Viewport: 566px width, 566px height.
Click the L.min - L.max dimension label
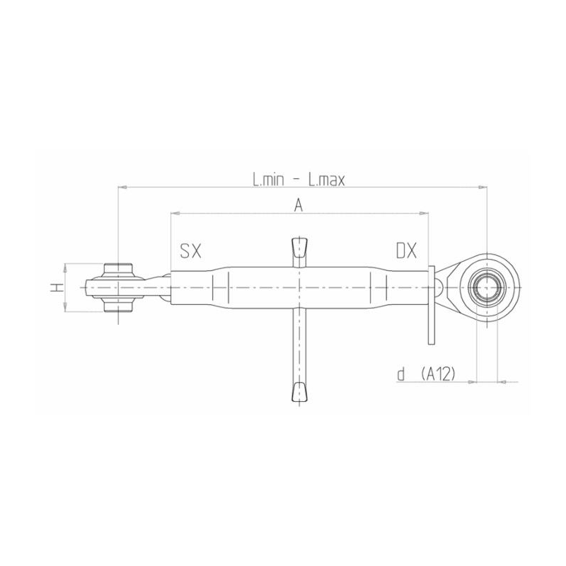299,180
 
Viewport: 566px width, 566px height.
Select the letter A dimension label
299,205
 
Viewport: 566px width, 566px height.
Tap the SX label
190,250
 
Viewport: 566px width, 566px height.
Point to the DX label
406,250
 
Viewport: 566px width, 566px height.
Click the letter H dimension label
55,287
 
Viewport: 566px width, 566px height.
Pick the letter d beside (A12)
400,374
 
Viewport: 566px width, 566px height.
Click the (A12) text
437,374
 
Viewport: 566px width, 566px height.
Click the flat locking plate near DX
430,304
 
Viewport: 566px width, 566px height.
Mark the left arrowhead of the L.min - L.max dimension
122,187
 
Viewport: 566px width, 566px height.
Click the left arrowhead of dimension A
174,212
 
